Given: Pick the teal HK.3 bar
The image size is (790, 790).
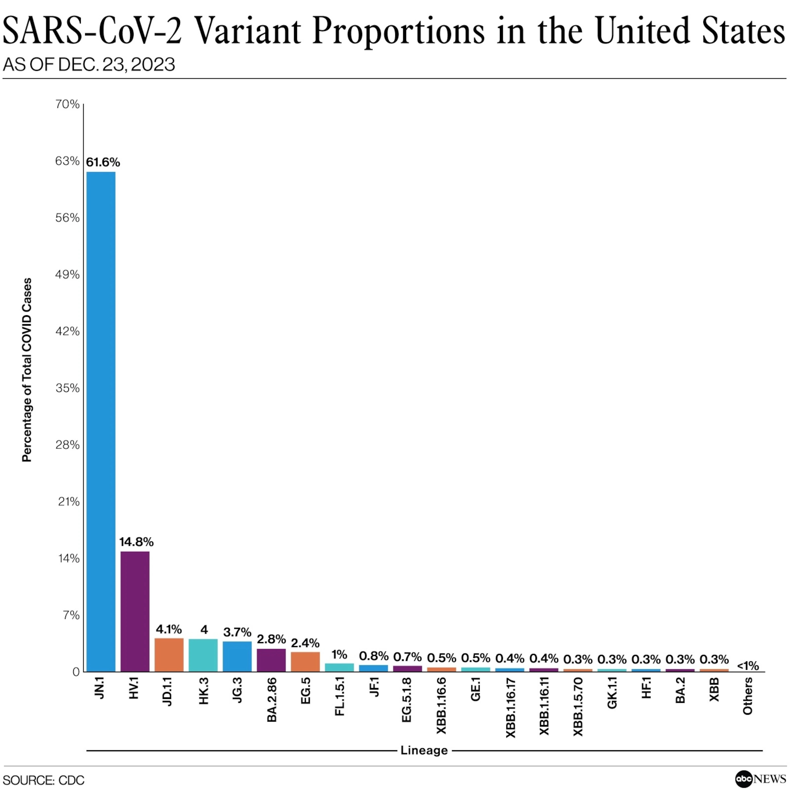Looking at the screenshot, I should coord(203,655).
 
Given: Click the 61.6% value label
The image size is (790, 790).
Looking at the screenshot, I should coord(103,162).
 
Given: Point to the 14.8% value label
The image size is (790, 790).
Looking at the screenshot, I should coord(136,542).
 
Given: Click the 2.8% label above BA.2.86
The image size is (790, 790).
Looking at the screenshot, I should coord(271,639).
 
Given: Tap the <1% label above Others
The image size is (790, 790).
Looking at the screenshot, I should coord(748,666).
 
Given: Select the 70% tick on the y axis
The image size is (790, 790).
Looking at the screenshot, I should coord(67,104).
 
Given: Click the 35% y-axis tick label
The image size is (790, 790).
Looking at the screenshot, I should coord(67,388).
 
